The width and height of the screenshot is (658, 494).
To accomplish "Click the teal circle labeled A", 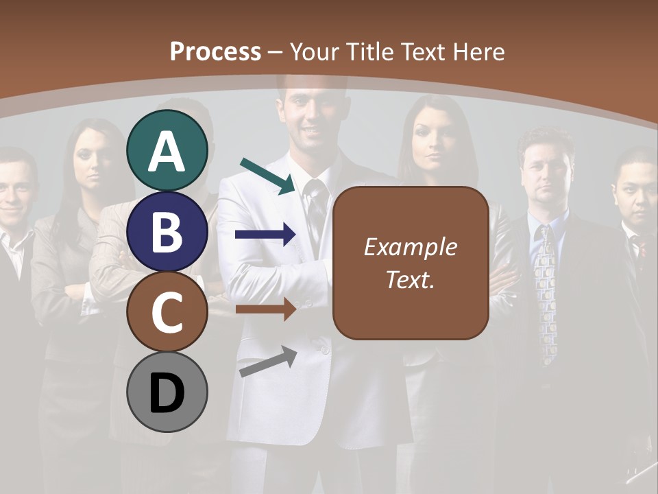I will [167, 151].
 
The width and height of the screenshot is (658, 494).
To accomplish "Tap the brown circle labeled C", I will [167, 311].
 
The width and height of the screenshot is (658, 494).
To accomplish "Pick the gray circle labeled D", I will [167, 392].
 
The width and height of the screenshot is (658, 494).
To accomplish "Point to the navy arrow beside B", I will [265, 235].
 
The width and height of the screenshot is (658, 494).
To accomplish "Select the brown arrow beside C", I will [265, 309].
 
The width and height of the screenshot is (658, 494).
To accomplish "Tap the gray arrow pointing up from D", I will [268, 362].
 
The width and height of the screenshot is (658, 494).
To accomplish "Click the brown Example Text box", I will [411, 263].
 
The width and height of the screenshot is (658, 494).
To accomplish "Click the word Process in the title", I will [215, 51].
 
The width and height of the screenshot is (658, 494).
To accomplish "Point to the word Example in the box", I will [411, 247].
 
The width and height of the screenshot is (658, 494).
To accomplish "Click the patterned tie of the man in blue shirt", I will [548, 288].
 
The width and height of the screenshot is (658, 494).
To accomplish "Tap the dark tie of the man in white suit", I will [316, 213].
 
